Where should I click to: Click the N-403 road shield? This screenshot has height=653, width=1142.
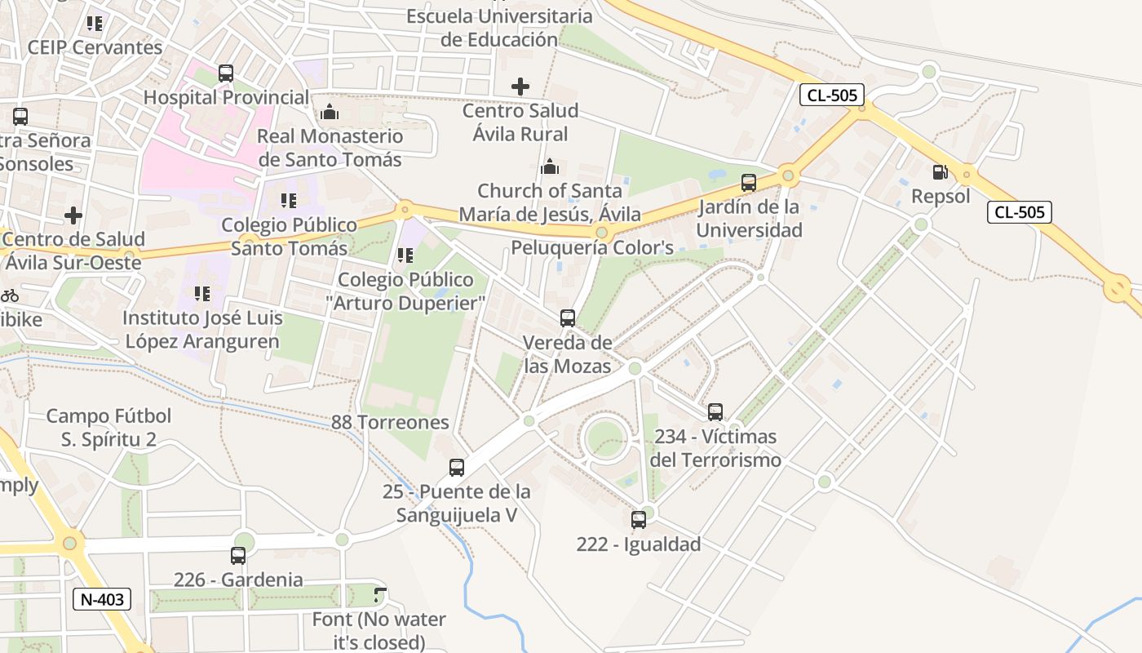(x=102, y=600)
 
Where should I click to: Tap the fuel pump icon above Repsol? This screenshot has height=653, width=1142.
(x=940, y=172)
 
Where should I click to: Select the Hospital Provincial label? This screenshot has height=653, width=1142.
(x=226, y=98)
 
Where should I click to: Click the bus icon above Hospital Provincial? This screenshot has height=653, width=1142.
(x=226, y=73)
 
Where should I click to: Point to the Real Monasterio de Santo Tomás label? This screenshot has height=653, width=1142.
(x=330, y=148)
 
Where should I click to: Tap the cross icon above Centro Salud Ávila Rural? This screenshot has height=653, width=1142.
(x=520, y=86)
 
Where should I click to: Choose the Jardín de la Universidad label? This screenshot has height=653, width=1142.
(x=750, y=219)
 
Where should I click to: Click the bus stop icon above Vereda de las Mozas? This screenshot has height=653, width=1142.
(x=568, y=318)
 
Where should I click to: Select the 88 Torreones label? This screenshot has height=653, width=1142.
(x=390, y=422)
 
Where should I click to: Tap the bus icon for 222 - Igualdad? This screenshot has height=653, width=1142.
(x=639, y=520)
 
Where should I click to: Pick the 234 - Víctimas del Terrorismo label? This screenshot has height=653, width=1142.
(x=715, y=448)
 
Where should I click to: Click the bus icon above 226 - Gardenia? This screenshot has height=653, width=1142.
(x=238, y=556)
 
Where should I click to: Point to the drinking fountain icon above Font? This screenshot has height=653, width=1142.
(x=379, y=595)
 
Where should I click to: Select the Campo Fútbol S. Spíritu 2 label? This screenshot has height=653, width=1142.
(x=108, y=428)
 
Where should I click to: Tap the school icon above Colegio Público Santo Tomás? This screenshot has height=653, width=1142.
(x=288, y=200)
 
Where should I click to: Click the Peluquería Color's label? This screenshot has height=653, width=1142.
(x=592, y=247)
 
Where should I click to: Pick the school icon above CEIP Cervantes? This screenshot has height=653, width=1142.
(x=95, y=24)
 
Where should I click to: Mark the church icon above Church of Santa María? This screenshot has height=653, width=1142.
(x=551, y=167)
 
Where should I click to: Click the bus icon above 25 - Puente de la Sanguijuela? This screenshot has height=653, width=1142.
(x=457, y=468)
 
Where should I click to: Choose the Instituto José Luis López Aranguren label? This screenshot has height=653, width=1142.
(x=202, y=330)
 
